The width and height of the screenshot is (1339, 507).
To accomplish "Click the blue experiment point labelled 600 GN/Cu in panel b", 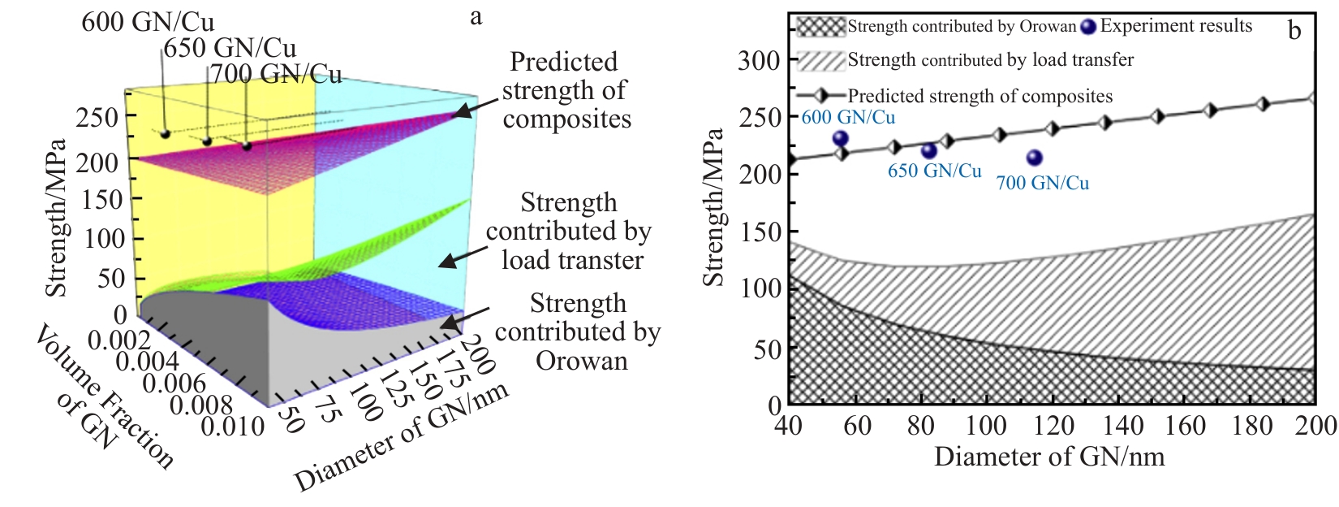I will click(x=841, y=139).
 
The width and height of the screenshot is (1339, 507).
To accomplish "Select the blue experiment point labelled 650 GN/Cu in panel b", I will click(x=929, y=151).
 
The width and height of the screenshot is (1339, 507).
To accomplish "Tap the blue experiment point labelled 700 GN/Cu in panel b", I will click(x=1034, y=158).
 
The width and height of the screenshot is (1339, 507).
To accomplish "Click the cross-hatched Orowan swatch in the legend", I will click(x=821, y=27).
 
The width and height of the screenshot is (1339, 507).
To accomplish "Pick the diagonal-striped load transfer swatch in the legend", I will click(x=821, y=61).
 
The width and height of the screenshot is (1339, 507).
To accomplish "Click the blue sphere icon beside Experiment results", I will click(x=1088, y=27).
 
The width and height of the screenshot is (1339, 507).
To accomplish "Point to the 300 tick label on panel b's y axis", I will click(x=759, y=60).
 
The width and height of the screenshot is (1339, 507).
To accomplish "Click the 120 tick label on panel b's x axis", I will click(x=1053, y=425).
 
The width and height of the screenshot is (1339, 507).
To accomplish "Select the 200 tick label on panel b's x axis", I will click(x=1315, y=425).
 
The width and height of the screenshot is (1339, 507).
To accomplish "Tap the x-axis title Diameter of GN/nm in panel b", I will click(x=1049, y=457).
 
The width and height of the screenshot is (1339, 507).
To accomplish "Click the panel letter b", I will click(x=1294, y=31).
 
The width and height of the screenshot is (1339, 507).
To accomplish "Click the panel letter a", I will click(x=476, y=16).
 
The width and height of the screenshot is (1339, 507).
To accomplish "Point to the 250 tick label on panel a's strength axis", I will click(x=97, y=117).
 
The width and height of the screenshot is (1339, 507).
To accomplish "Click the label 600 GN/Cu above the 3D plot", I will click(x=148, y=22).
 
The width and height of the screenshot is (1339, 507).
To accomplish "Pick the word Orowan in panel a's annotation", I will click(x=581, y=360).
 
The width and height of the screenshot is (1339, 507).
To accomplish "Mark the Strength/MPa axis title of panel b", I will click(x=714, y=207).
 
